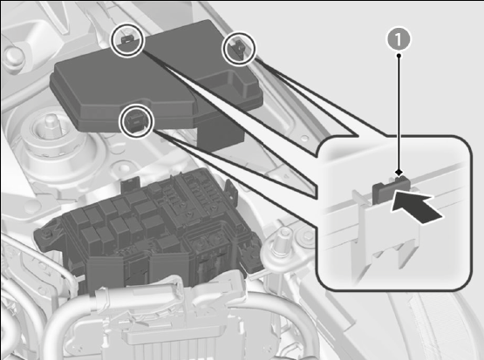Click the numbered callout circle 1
[x=399, y=39]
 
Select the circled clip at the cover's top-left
[x=127, y=40]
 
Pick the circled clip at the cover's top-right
[x=239, y=49]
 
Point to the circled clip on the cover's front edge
[x=136, y=120]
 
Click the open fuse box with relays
[x=148, y=228]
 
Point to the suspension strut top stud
[x=50, y=123]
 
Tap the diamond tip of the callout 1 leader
[x=399, y=172]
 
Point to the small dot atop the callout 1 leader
[x=399, y=56]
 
